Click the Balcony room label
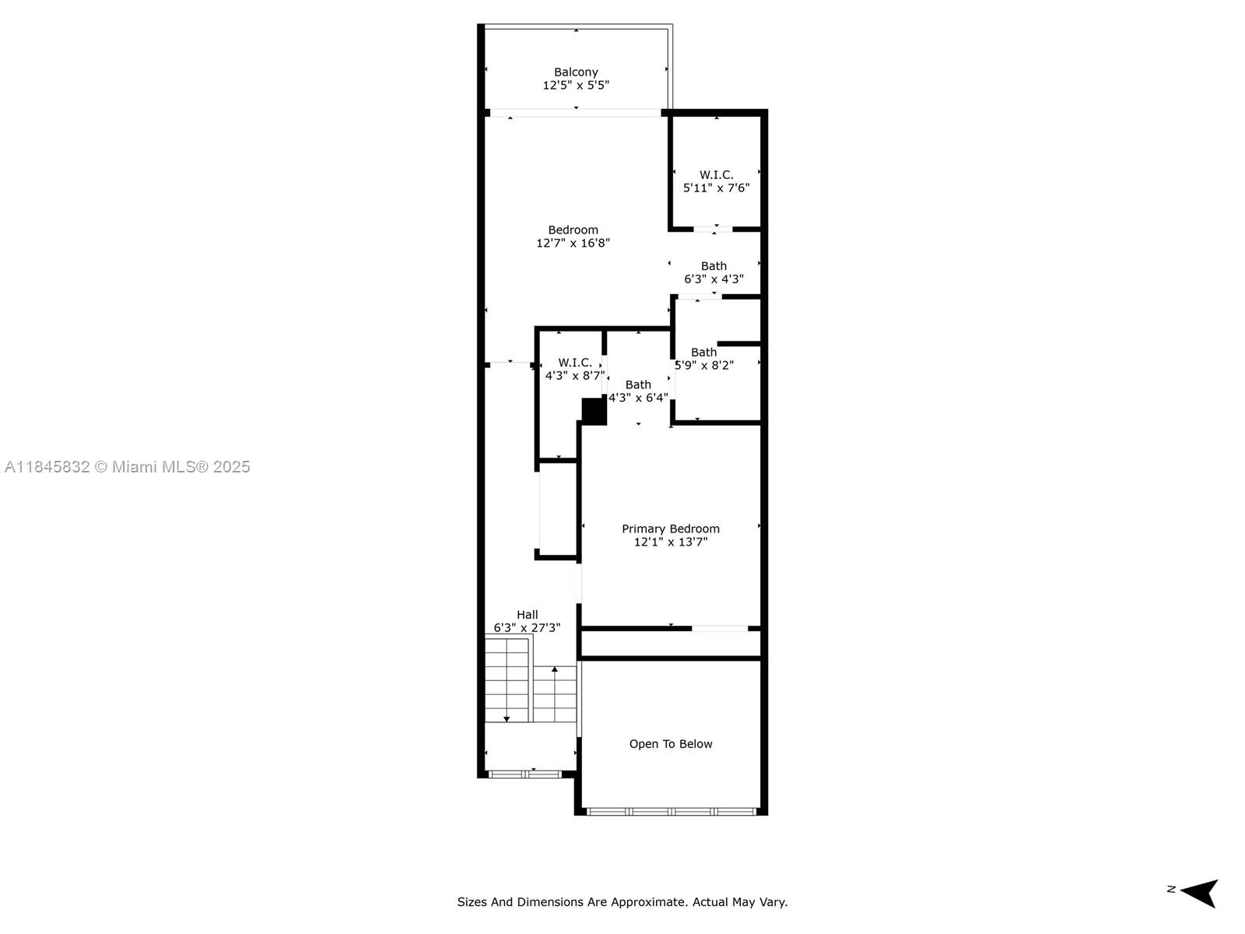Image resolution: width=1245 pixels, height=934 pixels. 576,72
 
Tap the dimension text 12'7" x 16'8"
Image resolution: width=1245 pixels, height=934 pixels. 573,244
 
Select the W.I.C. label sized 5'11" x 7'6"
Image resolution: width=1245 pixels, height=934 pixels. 716,174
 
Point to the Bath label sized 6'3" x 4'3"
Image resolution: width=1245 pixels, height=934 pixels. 714,266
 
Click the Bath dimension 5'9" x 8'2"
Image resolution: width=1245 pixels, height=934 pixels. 704,366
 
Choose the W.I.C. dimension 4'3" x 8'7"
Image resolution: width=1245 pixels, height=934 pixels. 575,375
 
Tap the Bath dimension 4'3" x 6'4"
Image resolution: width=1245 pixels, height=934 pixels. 638,398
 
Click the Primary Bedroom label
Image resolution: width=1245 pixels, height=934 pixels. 671,529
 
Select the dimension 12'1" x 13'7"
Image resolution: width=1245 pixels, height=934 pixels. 671,542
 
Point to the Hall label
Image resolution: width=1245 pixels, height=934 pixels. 527,615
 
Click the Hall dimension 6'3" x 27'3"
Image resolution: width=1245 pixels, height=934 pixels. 527,628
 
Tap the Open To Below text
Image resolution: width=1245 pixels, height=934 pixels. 671,744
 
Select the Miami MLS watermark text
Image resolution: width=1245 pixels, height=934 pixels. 127,467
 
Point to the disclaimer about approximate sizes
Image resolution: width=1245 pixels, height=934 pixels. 622,901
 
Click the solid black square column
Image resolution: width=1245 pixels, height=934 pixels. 594,411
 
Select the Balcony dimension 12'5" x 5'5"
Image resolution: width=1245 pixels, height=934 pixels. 576,85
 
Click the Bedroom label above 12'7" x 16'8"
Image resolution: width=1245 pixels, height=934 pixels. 573,230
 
